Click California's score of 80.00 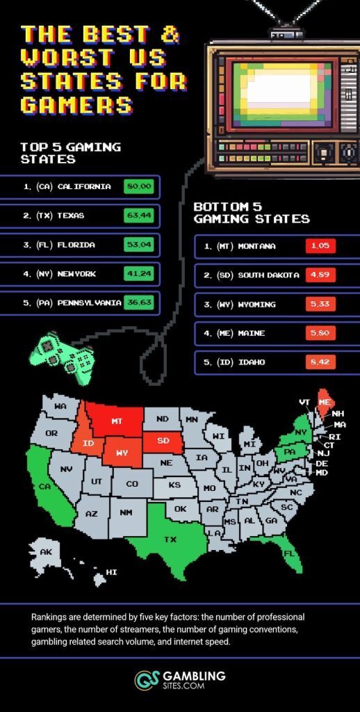(138, 186)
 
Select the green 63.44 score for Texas (138, 216)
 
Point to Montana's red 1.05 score (320, 246)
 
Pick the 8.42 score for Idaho (320, 362)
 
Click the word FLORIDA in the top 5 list (76, 245)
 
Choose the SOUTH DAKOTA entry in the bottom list (268, 275)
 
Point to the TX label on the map (170, 539)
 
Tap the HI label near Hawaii (111, 572)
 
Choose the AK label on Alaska (46, 552)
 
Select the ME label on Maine (324, 402)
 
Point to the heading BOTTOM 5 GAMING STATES (251, 213)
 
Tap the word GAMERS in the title (76, 104)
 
